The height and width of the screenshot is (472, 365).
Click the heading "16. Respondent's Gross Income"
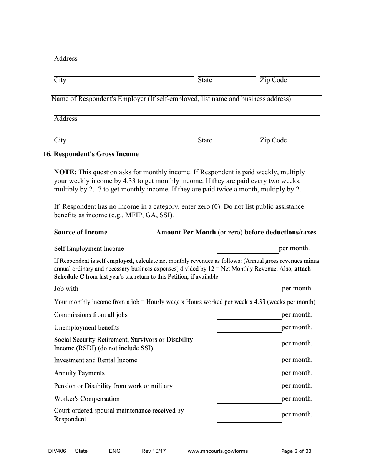pos(91,154)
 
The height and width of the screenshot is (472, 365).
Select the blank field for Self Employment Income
pos(248,249)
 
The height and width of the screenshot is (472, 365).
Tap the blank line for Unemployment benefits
pos(249,328)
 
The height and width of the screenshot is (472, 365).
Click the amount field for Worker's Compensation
pos(249,400)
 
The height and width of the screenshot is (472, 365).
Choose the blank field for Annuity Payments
pos(249,374)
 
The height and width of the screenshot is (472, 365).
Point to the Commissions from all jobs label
pos(91,315)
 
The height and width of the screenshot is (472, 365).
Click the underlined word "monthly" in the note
pos(155,172)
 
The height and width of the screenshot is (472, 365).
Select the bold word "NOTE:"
pos(65,172)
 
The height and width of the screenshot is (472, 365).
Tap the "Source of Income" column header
pos(81,233)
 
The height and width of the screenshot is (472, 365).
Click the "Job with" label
pos(66,289)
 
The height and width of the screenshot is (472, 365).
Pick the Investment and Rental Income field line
pos(249,361)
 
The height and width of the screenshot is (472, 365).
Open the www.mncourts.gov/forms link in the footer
pos(217,451)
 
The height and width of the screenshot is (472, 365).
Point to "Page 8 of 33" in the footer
pos(296,451)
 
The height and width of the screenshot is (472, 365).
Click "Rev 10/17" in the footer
pos(153,451)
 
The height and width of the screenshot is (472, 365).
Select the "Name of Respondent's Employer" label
pos(171,99)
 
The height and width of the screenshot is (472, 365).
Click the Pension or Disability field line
pos(249,387)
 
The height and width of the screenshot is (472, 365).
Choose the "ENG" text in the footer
pos(114,451)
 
